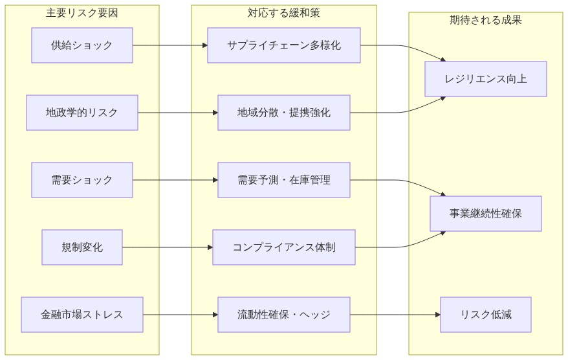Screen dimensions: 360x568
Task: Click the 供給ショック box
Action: click(x=82, y=45)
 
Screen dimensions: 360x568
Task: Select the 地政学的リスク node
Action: click(x=82, y=113)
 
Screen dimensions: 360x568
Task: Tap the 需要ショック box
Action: click(x=82, y=180)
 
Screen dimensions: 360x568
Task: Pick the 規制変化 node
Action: click(x=82, y=247)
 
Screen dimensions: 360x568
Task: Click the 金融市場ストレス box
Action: click(x=82, y=315)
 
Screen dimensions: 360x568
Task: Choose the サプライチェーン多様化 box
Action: click(x=284, y=45)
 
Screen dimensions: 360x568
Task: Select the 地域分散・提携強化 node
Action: click(x=284, y=113)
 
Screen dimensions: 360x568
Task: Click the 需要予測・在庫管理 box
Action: click(x=284, y=180)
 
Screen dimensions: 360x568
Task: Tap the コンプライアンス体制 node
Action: click(x=284, y=247)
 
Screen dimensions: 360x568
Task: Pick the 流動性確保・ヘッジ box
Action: click(x=284, y=315)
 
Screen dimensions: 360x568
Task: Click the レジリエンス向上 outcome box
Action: click(x=486, y=79)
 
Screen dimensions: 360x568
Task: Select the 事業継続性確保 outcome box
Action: click(x=486, y=214)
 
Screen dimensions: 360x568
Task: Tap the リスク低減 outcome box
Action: click(x=486, y=315)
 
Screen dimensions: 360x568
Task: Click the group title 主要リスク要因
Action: click(x=82, y=13)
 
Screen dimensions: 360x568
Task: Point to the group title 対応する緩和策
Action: click(x=284, y=13)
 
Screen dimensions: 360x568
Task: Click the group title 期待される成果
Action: click(x=486, y=20)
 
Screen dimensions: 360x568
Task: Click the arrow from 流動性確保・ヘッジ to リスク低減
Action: click(x=395, y=315)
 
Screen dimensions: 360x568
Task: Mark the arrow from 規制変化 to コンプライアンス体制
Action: click(x=168, y=247)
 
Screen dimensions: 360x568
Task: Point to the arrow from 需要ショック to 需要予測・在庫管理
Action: click(x=175, y=180)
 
